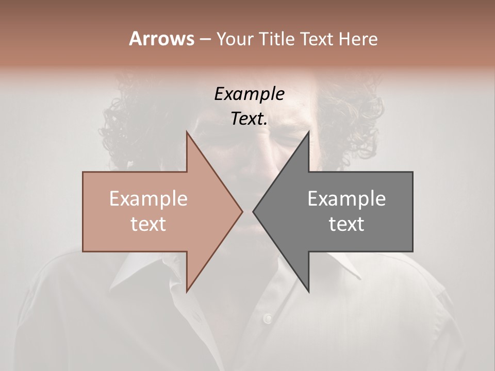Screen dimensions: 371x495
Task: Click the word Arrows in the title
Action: [161, 39]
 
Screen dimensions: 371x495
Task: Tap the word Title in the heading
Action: [276, 39]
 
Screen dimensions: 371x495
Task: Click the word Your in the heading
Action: [235, 39]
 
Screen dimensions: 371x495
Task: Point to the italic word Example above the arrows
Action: [249, 94]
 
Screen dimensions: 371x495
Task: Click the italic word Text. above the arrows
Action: [249, 119]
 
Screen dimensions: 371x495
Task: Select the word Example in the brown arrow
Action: [148, 198]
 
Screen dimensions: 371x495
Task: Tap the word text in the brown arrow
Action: [148, 224]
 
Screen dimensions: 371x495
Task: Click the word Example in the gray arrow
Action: [346, 198]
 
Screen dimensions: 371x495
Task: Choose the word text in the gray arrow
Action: [346, 224]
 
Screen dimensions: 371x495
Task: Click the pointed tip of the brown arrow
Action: [242, 212]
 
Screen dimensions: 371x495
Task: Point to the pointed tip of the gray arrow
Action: [253, 212]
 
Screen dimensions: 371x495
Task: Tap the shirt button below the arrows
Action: [267, 318]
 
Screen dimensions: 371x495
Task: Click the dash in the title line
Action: [205, 39]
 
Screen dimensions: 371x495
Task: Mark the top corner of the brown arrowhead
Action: [187, 132]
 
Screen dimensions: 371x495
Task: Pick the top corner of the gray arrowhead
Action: [309, 132]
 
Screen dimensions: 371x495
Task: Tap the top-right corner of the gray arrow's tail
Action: [412, 172]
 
